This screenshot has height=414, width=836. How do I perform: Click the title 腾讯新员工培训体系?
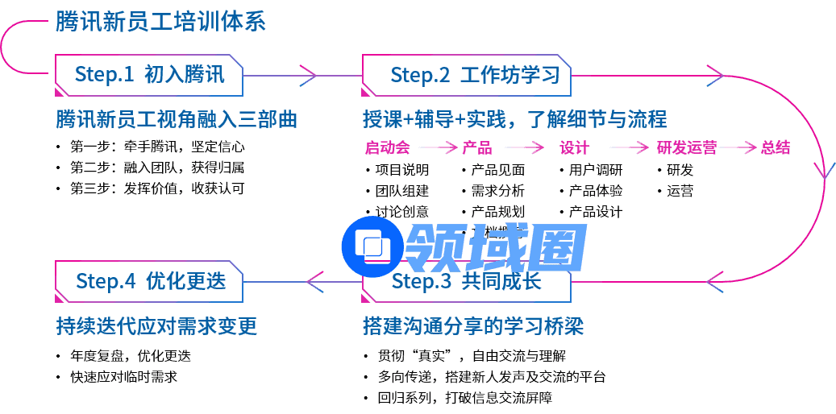[x=160, y=22]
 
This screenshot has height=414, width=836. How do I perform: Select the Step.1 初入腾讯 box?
[x=148, y=75]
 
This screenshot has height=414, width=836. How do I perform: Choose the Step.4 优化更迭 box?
[x=149, y=281]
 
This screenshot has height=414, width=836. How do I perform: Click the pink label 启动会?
[x=387, y=147]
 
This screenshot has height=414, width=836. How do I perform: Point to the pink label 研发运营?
[x=687, y=147]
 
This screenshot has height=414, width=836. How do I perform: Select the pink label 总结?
[x=775, y=147]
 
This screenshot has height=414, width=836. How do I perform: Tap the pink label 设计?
[x=574, y=147]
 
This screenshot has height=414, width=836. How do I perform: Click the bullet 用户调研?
[x=596, y=170]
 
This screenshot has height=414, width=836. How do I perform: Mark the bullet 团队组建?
[x=402, y=191]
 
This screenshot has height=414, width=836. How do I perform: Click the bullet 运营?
[x=680, y=191]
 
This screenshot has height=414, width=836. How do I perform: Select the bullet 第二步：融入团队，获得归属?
[x=157, y=168]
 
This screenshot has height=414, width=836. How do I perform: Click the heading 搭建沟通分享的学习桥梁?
[x=473, y=327]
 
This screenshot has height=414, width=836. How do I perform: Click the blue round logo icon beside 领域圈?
[x=372, y=245]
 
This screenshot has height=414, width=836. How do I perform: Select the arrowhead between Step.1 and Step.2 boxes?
[x=308, y=75]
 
